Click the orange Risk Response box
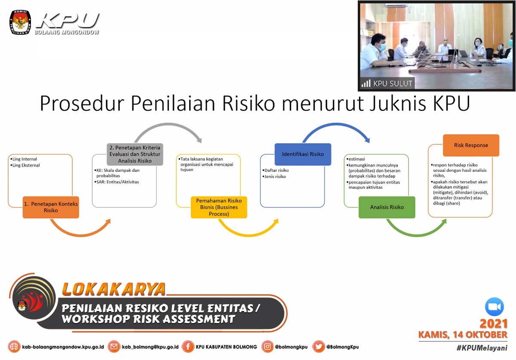471,145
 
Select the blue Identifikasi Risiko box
303,154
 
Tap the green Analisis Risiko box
387,207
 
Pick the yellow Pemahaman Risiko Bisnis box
219,207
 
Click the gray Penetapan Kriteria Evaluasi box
135,154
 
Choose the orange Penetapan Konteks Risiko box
51,207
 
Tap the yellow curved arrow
249,235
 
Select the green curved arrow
417,235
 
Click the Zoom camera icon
494,307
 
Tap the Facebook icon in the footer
188,347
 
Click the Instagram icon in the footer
267,347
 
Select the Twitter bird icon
318,347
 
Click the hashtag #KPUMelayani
482,348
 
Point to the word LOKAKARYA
114,289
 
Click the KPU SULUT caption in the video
393,83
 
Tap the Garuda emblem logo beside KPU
20,22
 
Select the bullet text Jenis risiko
275,177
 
